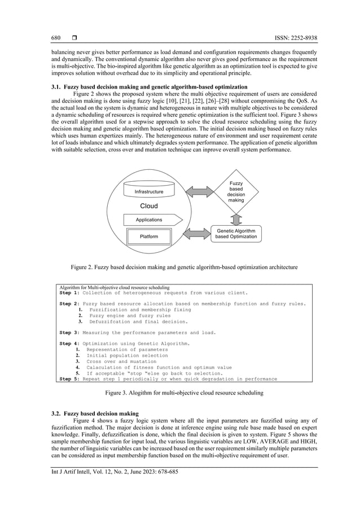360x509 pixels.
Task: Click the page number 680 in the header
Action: (56, 38)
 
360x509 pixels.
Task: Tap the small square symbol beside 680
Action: (74, 38)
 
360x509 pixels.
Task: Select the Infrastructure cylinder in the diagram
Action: (149, 190)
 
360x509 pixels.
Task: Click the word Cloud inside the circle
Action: (149, 206)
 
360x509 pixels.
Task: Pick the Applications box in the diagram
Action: (150, 220)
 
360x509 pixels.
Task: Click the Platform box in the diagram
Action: (149, 236)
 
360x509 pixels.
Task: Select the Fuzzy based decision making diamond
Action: (237, 190)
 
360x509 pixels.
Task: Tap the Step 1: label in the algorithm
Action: (71, 293)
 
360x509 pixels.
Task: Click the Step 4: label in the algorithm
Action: (71, 343)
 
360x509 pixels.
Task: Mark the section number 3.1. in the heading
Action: (56, 87)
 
